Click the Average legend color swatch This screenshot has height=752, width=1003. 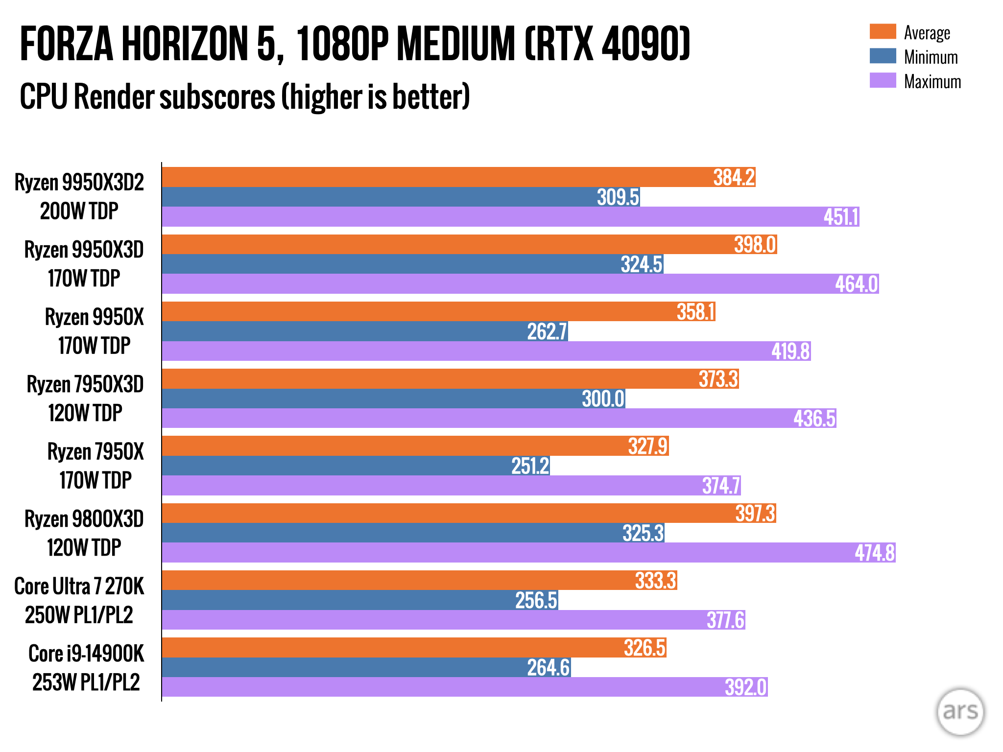pyautogui.click(x=883, y=31)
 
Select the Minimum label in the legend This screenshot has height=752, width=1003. pyautogui.click(x=931, y=57)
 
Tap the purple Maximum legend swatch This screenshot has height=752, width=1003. pyautogui.click(x=883, y=80)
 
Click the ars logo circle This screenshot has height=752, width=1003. pyautogui.click(x=960, y=711)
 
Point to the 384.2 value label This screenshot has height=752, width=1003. pyautogui.click(x=734, y=177)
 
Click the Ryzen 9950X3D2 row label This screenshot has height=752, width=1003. pyautogui.click(x=79, y=196)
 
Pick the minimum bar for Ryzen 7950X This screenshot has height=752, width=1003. pyautogui.click(x=356, y=466)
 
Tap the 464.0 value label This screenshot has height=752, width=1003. pyautogui.click(x=856, y=284)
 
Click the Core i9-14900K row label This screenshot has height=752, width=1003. pyautogui.click(x=86, y=668)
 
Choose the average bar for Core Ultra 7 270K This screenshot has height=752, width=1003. pyautogui.click(x=419, y=580)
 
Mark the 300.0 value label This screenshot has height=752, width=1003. pyautogui.click(x=603, y=399)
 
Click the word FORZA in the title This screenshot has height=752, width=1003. pyautogui.click(x=67, y=44)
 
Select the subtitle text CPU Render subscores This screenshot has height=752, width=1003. pyautogui.click(x=147, y=96)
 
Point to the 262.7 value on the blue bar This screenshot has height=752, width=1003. pyautogui.click(x=547, y=331)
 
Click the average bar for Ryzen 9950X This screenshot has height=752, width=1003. pyautogui.click(x=438, y=311)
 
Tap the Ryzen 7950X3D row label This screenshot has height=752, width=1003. pyautogui.click(x=85, y=399)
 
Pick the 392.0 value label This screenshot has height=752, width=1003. pyautogui.click(x=745, y=687)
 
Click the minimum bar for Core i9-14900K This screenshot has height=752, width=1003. pyautogui.click(x=366, y=667)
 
